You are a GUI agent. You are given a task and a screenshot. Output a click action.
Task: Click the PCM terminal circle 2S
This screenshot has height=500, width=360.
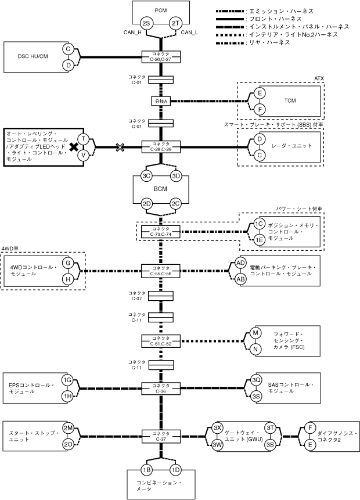coord(146,24)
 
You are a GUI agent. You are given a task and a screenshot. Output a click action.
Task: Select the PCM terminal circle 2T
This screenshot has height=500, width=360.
coord(175,24)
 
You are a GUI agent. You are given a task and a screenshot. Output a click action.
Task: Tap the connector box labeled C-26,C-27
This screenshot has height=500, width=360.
coord(161,57)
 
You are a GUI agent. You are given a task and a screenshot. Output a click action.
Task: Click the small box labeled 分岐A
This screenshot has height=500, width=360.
coord(161,101)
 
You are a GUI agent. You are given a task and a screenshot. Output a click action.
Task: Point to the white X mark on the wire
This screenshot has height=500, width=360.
coord(120,147)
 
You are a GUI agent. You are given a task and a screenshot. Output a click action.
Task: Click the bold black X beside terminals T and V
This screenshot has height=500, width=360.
coord(74,147)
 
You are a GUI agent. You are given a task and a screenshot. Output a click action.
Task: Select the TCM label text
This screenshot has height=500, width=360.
coord(290,101)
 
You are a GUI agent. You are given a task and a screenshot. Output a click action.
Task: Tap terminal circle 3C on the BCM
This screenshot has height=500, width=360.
coord(146,176)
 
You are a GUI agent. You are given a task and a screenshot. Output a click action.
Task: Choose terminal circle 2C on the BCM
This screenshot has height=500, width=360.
coord(175,204)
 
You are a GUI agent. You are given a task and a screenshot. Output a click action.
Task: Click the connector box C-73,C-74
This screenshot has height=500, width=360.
coord(161,232)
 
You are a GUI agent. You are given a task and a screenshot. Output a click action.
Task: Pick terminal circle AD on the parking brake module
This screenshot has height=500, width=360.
coord(241,262)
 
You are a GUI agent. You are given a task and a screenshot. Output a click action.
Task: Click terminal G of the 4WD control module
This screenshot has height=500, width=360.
coord(68,263)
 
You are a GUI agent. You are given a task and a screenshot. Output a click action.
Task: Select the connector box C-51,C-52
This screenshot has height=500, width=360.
coord(161,341)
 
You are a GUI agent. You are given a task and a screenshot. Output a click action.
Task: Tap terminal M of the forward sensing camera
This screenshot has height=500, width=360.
coord(255,333)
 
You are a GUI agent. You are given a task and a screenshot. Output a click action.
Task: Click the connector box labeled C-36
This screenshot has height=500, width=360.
coord(161,389)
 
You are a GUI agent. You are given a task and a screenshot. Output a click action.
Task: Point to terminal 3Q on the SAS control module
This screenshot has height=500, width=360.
coord(256,380)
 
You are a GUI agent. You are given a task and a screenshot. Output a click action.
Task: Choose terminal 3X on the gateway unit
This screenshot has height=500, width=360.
coord(218,428)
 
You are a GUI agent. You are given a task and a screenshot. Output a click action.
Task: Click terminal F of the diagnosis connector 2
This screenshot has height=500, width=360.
coord(310,428)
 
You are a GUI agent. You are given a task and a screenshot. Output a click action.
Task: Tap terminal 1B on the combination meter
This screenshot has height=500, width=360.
coord(146,470)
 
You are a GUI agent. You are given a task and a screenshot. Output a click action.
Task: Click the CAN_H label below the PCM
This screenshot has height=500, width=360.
coord(132,32)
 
